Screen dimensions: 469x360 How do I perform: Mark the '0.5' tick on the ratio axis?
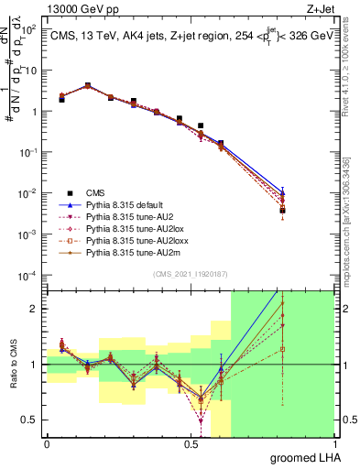[x=30, y=420]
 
